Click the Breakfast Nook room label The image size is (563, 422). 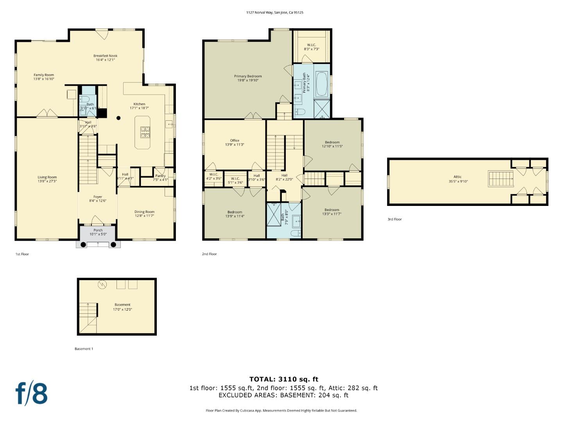[105, 56]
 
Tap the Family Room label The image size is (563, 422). [44, 75]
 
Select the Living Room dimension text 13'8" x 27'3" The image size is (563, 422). [47, 181]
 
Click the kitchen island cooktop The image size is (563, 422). [145, 132]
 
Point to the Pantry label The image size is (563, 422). [160, 176]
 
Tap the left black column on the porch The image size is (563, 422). [83, 245]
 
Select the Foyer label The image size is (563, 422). [98, 197]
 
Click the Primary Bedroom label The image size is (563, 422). [248, 76]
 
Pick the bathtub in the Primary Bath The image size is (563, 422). [322, 84]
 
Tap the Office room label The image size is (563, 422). [235, 140]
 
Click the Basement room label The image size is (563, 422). [122, 305]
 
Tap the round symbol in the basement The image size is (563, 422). [102, 284]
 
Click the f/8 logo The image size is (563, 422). [32, 393]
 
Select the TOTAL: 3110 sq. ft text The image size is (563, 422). [284, 379]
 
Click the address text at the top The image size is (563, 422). [274, 13]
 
